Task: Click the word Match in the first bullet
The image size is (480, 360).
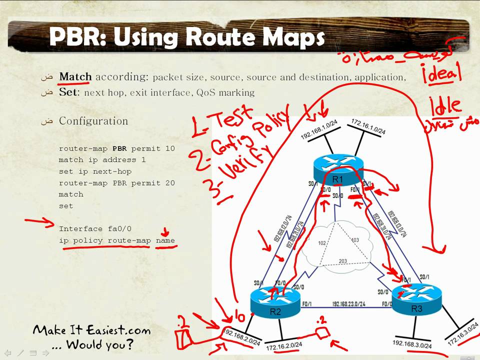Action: click(x=75, y=77)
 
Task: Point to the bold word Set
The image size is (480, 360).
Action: click(x=68, y=92)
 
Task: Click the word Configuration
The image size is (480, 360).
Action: click(x=93, y=121)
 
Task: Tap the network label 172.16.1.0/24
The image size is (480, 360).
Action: click(x=368, y=127)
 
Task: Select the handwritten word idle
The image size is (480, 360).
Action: click(x=445, y=105)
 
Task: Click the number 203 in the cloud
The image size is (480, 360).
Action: click(x=343, y=261)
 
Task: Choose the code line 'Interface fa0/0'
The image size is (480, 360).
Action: click(x=95, y=229)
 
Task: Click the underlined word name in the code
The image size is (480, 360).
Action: click(x=165, y=240)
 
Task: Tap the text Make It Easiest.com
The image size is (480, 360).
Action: click(x=91, y=330)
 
